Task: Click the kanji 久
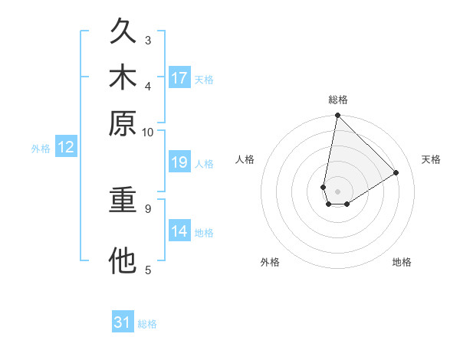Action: tap(123, 31)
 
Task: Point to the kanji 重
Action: tap(123, 201)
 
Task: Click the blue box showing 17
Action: tap(179, 78)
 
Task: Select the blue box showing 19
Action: tap(179, 162)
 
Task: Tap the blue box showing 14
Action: tap(179, 231)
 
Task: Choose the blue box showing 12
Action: tap(66, 148)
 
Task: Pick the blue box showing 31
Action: tap(123, 322)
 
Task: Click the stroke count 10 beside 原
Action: tap(148, 132)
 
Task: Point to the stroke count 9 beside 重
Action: tap(148, 208)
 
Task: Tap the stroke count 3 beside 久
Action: tap(148, 40)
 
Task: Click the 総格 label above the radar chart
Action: tap(337, 100)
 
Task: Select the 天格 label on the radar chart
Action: tap(431, 159)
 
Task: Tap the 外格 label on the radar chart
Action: tap(270, 262)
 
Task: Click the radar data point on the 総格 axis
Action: tap(337, 116)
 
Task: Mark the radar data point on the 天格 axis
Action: tap(396, 172)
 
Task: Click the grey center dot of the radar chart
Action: tap(337, 191)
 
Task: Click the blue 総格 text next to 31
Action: tap(147, 324)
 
